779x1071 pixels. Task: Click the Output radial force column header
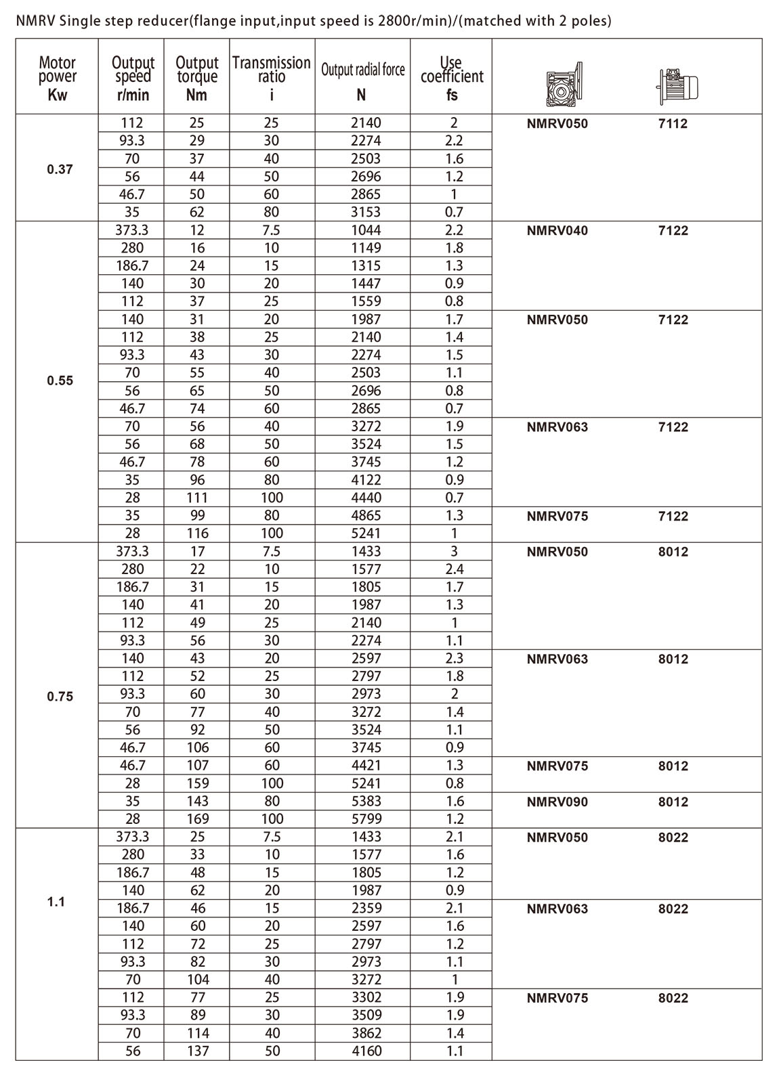click(x=362, y=70)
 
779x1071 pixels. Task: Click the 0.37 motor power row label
click(x=60, y=169)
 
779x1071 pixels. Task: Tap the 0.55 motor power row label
click(x=60, y=380)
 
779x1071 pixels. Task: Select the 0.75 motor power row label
click(x=60, y=697)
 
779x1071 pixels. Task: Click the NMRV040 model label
click(x=557, y=231)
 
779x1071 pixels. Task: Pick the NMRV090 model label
click(x=557, y=802)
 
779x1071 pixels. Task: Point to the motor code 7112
click(x=673, y=124)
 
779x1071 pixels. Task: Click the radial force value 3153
click(x=366, y=212)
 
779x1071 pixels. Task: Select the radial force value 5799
click(x=366, y=819)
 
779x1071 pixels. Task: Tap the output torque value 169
click(x=197, y=819)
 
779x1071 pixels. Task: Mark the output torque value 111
click(x=197, y=498)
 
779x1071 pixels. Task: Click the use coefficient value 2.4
click(x=454, y=569)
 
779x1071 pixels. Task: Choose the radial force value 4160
click(x=366, y=1051)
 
